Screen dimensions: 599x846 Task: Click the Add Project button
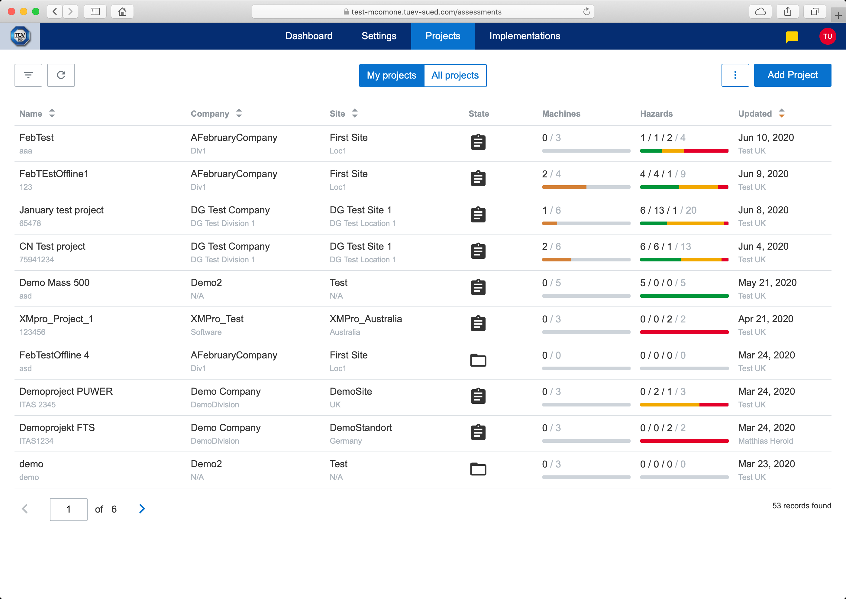tap(792, 75)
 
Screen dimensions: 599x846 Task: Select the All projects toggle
tap(455, 76)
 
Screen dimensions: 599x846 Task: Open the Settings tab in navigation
tap(379, 36)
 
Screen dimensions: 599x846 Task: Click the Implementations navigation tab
tap(525, 36)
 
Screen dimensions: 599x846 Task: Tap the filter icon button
tap(28, 75)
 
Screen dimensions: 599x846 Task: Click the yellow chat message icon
tap(792, 37)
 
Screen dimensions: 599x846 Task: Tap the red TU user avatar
tap(827, 37)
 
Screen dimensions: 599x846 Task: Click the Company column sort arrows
tap(239, 114)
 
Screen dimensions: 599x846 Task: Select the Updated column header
tap(754, 114)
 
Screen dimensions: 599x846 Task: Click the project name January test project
tap(62, 210)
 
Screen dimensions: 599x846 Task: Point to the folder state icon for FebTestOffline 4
tap(478, 360)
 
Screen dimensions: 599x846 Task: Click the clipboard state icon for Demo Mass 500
tap(478, 287)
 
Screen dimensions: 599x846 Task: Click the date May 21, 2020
tap(767, 283)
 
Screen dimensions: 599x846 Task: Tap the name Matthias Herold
tap(765, 441)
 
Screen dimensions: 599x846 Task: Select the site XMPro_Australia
tap(366, 319)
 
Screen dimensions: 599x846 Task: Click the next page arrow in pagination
tap(142, 509)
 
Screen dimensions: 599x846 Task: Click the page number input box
tap(69, 509)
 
